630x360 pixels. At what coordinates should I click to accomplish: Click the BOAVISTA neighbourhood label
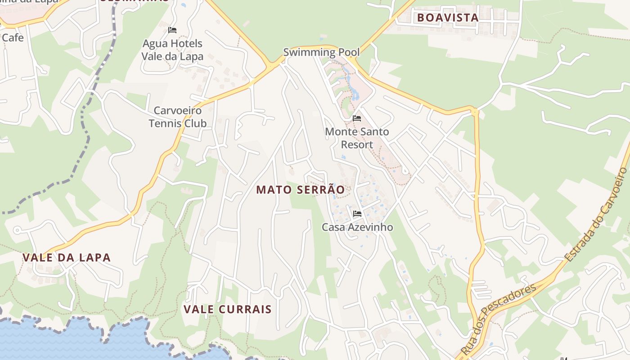[x=447, y=18]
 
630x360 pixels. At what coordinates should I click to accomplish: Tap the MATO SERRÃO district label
[x=301, y=190]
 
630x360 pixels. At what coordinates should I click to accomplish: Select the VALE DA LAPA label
[x=67, y=258]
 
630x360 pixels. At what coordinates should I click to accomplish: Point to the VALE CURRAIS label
[x=228, y=310]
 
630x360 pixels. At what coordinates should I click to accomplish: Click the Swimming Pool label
[x=321, y=52]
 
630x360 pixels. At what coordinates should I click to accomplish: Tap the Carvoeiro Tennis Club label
[x=178, y=117]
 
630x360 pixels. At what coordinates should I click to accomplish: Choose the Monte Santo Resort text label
[x=357, y=138]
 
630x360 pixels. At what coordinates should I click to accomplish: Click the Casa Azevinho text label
[x=357, y=227]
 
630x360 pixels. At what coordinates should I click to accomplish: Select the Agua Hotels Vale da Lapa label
[x=172, y=50]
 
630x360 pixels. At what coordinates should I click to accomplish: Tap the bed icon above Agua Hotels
[x=172, y=30]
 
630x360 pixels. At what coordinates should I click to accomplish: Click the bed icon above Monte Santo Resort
[x=357, y=118]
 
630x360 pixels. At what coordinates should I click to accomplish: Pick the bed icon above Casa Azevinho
[x=357, y=213]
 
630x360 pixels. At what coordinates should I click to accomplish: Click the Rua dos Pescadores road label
[x=498, y=319]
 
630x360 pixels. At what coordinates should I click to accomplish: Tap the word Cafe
[x=13, y=38]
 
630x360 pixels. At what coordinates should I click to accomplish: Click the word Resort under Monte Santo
[x=357, y=144]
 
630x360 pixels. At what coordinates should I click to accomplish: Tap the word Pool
[x=349, y=52]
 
